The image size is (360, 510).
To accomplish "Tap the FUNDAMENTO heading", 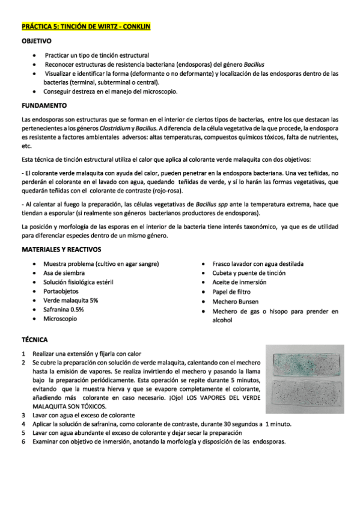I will point(44,105).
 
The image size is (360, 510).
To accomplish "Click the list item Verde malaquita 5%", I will point(71,300).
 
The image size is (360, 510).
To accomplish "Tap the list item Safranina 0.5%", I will point(64,309).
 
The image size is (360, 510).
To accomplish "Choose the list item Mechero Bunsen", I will point(236,300).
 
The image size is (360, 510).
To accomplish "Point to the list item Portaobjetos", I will point(61,291).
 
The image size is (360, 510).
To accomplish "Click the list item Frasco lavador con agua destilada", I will point(258,264).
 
